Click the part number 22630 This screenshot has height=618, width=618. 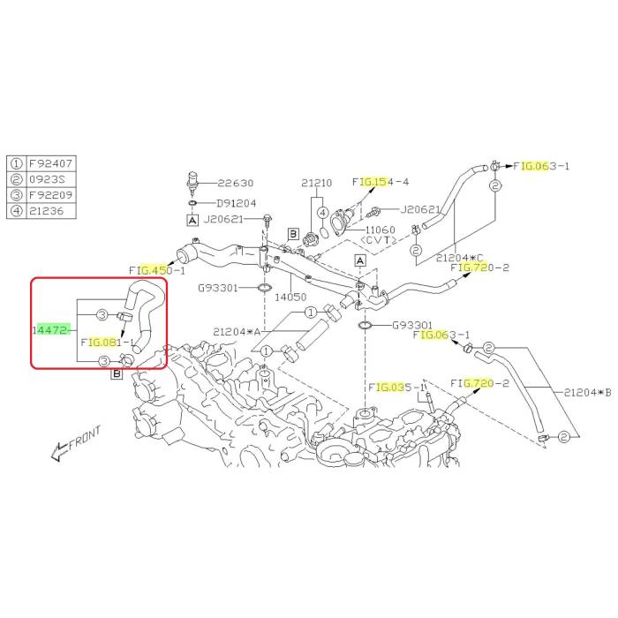coord(236,183)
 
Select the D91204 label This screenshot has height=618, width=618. coord(237,203)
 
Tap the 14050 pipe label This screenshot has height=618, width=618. coord(290,298)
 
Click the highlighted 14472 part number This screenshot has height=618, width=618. coord(50,330)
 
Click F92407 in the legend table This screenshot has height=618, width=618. coord(51,163)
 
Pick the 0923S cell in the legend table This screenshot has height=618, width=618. coord(47,179)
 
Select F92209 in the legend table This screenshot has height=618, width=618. coord(51,195)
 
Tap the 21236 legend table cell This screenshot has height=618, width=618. coord(47,211)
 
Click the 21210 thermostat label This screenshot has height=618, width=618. coord(317,183)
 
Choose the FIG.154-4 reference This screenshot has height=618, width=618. coord(381,182)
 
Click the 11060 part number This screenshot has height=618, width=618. coord(381,230)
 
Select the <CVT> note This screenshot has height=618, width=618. coord(379,240)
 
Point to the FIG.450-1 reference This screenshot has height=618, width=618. coord(157,270)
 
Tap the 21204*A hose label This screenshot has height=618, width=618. coord(237,332)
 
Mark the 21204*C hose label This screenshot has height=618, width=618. coord(460,258)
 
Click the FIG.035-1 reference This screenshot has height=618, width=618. coord(397,388)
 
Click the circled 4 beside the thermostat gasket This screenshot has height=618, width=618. coord(323,213)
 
